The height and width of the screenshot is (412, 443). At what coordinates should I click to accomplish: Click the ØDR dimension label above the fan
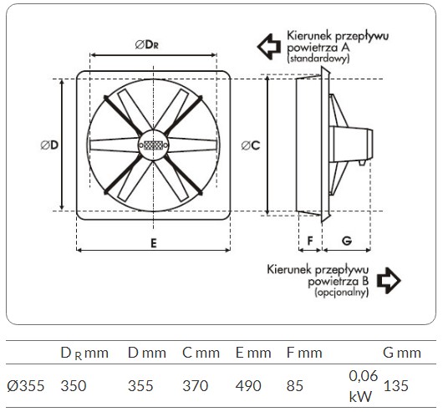pos(146,44)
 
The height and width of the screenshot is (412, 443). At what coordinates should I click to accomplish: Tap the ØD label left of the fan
pos(49,145)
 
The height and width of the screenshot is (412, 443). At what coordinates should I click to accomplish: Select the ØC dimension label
pos(251,145)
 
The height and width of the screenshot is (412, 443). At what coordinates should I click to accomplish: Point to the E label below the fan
pos(154,243)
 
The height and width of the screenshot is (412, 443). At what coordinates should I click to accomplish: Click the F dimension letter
pos(310,241)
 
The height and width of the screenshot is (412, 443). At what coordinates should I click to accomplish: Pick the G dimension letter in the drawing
pos(347,241)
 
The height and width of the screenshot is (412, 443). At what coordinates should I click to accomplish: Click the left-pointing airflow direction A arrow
pos(269,47)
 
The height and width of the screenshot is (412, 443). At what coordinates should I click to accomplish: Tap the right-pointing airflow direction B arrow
pos(389,281)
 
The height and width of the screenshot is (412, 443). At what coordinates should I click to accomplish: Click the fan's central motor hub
pos(154,145)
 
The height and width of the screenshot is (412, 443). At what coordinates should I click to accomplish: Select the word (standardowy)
pos(318,58)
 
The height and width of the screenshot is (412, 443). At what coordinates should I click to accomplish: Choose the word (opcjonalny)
pos(342,292)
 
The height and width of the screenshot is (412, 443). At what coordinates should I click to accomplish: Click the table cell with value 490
pos(248,386)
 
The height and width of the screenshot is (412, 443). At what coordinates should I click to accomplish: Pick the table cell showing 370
pos(196,386)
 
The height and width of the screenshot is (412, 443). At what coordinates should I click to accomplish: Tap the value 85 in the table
pos(295,386)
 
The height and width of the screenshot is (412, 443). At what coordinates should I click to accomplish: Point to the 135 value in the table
pos(396,386)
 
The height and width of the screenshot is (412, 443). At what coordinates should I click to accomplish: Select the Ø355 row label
pos(26,386)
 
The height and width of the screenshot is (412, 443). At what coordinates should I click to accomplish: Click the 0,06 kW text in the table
pos(363,386)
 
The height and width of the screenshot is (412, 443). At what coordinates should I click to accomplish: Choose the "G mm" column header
pos(402,353)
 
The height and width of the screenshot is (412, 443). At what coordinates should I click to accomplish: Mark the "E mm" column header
pos(253,353)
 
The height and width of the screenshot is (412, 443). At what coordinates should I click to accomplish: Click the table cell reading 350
pos(74,386)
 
